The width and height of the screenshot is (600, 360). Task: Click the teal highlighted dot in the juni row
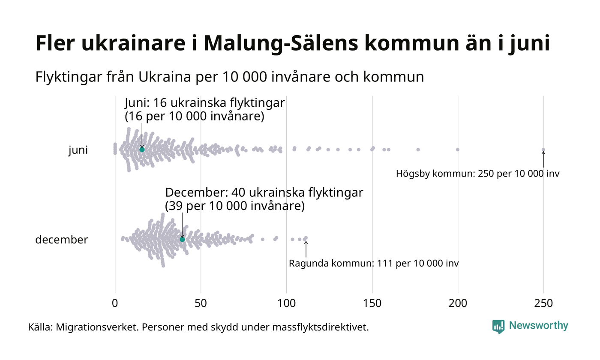coord(142,150)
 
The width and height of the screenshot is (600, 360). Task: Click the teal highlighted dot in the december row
coord(182,239)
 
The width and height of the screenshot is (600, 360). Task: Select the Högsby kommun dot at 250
coord(543,150)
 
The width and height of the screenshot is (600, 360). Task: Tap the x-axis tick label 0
coord(115,303)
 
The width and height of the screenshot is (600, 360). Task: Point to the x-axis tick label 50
coord(201,303)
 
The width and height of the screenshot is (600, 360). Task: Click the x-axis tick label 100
coord(286,303)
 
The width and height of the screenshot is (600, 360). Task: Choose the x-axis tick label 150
coord(372,303)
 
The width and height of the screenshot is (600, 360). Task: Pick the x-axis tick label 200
coord(458,303)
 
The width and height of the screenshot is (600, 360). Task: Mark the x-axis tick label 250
coord(543,303)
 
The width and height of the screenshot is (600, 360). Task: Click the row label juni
coord(78,150)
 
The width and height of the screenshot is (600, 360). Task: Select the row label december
coord(61,240)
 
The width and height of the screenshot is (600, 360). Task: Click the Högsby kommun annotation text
coord(477,174)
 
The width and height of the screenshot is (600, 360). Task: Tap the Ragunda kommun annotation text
coord(374,263)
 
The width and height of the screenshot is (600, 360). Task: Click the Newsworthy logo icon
coord(498,326)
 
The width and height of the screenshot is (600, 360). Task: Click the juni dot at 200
coord(458,150)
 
